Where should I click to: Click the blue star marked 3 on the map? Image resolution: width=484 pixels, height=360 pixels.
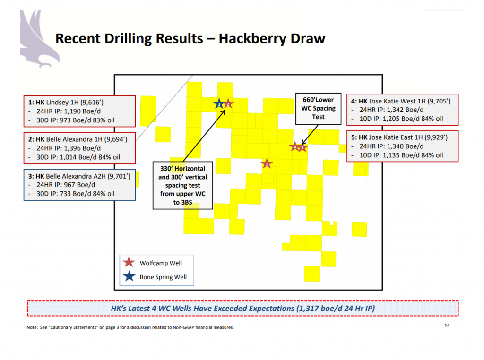(219, 103)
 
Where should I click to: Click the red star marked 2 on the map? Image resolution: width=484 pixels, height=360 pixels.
(228, 103)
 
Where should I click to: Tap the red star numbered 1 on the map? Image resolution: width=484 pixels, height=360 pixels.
(267, 163)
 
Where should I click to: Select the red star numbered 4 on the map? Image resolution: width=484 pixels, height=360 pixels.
(295, 147)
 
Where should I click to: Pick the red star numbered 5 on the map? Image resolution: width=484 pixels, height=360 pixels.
(303, 147)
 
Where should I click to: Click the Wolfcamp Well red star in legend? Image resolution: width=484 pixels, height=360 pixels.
(128, 263)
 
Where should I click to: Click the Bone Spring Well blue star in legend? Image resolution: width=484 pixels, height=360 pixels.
(128, 277)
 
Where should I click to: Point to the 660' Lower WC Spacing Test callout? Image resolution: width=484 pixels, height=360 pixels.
(318, 108)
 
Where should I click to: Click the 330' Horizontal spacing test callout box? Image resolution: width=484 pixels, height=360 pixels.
(182, 185)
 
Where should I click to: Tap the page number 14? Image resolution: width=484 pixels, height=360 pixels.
(447, 325)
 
